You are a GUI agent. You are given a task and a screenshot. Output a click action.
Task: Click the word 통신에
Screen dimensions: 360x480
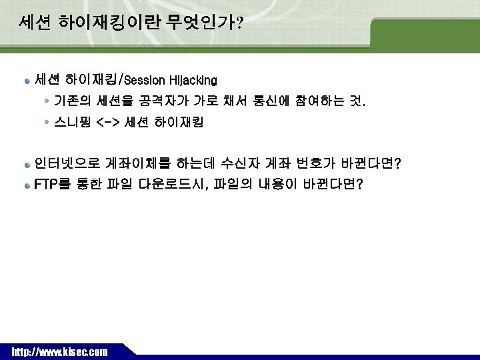[x=270, y=102]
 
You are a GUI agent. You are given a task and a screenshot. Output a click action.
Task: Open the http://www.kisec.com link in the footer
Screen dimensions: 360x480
[x=59, y=351]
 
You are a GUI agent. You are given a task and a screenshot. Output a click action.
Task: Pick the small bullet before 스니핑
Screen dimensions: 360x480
[x=45, y=123]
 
